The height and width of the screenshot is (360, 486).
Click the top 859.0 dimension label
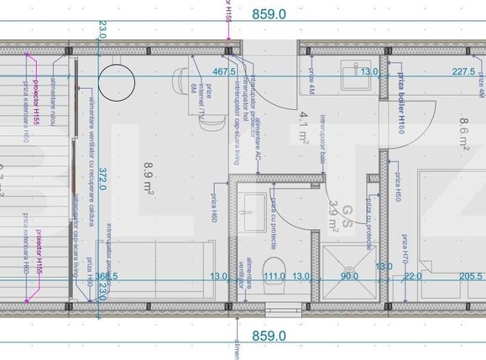pyautogui.click(x=269, y=13)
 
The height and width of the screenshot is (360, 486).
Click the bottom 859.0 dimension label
pyautogui.click(x=269, y=336)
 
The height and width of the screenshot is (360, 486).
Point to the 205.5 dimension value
pyautogui.click(x=470, y=276)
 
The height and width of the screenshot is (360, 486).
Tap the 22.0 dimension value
pyautogui.click(x=413, y=276)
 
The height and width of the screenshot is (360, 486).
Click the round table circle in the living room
pyautogui.click(x=117, y=81)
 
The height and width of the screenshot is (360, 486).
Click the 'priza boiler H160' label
pyautogui.click(x=401, y=103)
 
